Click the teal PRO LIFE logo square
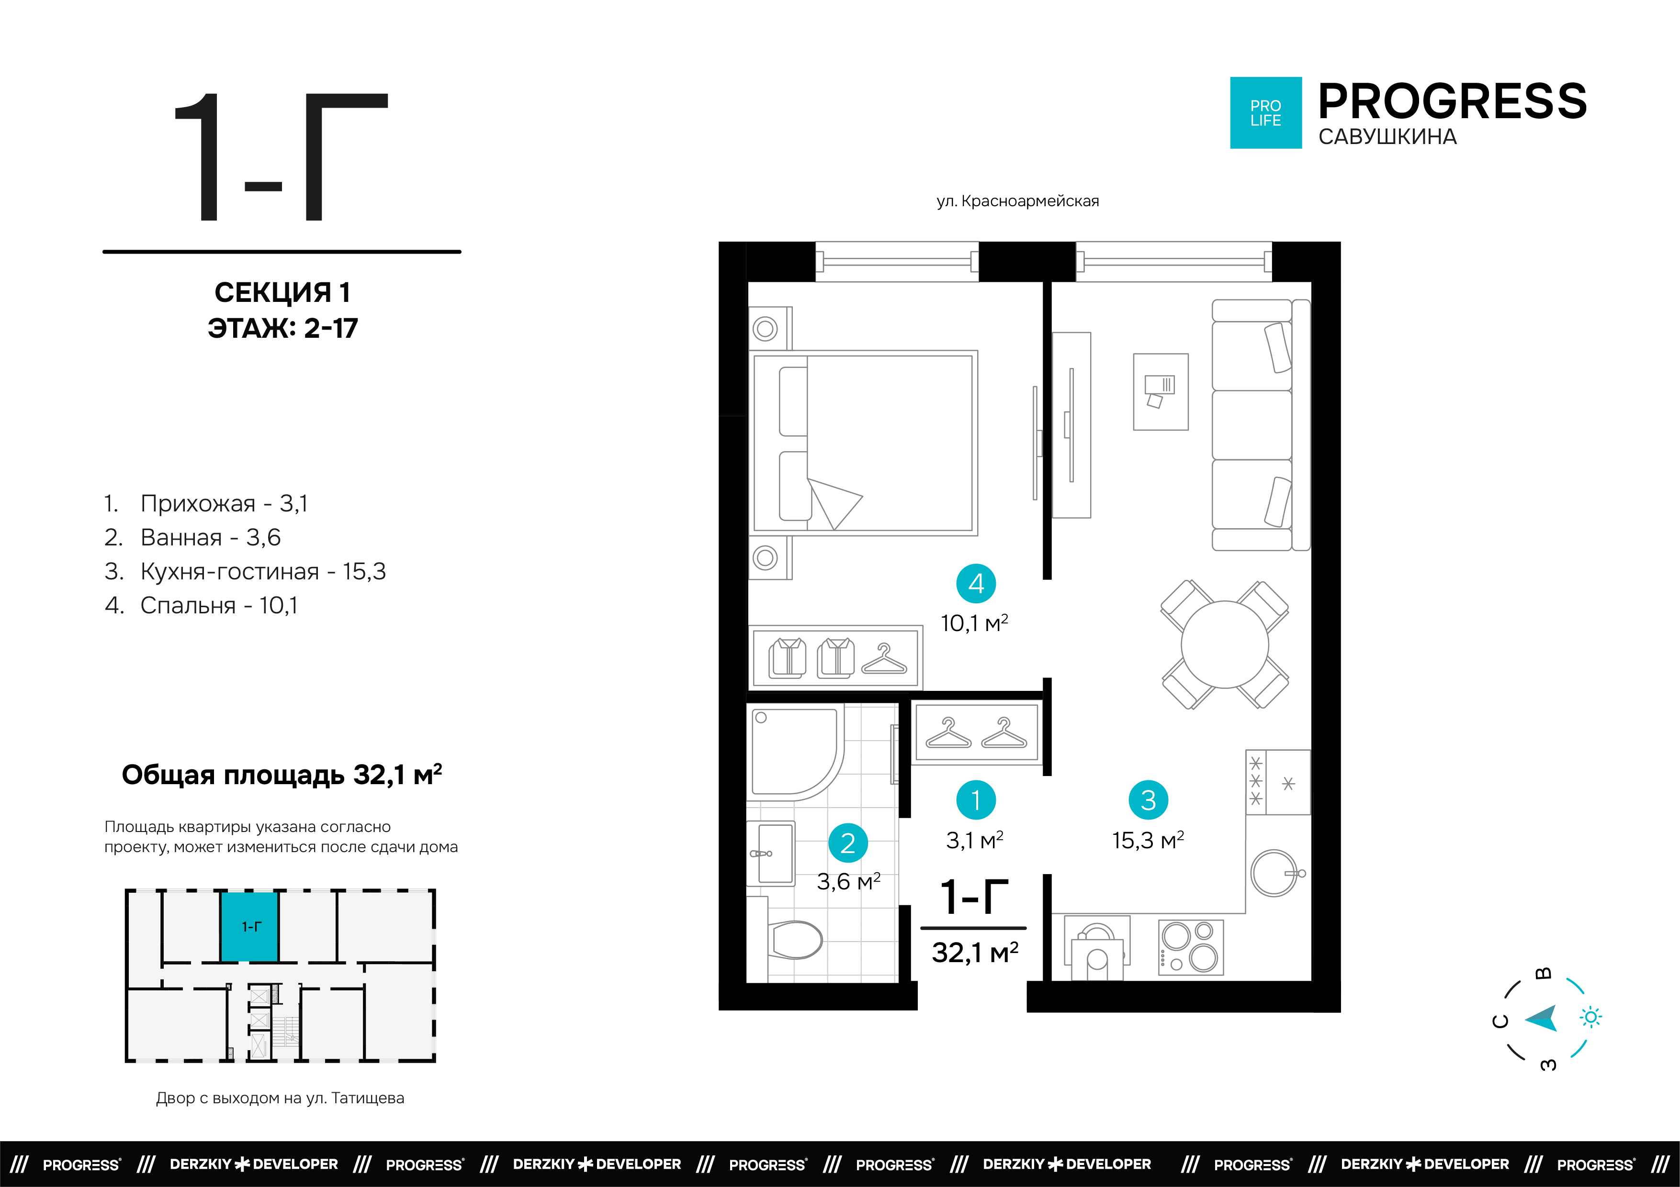click(x=1266, y=112)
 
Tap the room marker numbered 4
click(x=976, y=584)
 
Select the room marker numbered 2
click(x=848, y=843)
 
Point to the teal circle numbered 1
click(x=976, y=800)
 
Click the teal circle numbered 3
click(x=1149, y=800)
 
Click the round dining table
click(x=1225, y=644)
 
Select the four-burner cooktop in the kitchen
click(x=1191, y=947)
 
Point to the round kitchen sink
click(x=1274, y=873)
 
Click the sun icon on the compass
click(x=1591, y=1017)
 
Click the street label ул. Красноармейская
click(x=1018, y=201)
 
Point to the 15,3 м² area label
click(x=1148, y=840)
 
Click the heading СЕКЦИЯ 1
click(x=282, y=292)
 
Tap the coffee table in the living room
click(x=1161, y=392)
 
